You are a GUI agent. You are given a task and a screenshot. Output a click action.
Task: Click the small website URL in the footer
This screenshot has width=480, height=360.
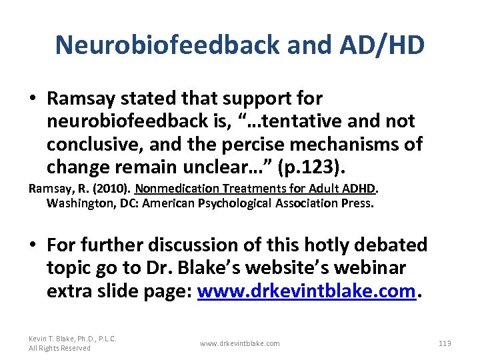240,343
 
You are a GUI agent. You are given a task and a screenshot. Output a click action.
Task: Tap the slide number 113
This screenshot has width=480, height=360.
445,343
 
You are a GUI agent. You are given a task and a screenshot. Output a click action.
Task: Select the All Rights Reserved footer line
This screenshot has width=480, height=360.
59,348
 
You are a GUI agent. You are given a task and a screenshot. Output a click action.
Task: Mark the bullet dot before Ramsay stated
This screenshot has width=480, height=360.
33,99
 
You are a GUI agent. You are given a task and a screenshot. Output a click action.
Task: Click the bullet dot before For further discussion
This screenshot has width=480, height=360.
33,245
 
